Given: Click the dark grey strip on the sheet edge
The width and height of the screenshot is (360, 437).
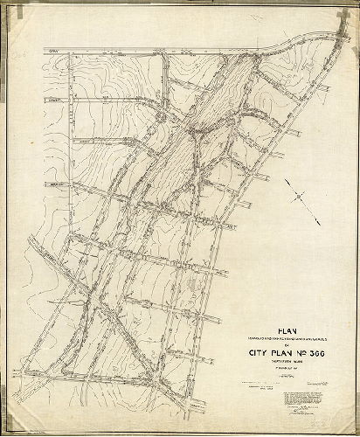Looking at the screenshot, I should [x=3, y=218].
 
